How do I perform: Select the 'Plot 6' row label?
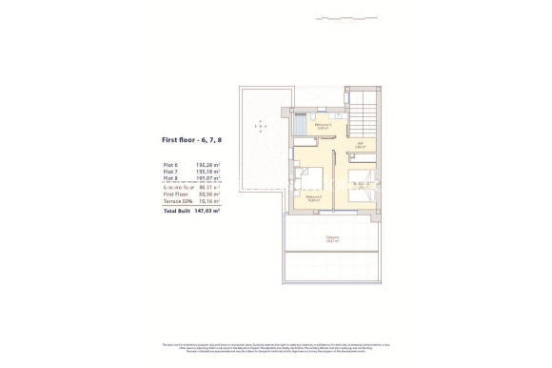point(170,164)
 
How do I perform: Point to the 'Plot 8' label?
point(170,178)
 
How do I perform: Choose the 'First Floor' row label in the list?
point(175,194)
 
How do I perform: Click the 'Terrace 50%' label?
point(177,201)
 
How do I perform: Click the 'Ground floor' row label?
point(176,186)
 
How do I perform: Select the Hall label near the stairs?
point(361,145)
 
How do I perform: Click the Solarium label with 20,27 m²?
point(332,239)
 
